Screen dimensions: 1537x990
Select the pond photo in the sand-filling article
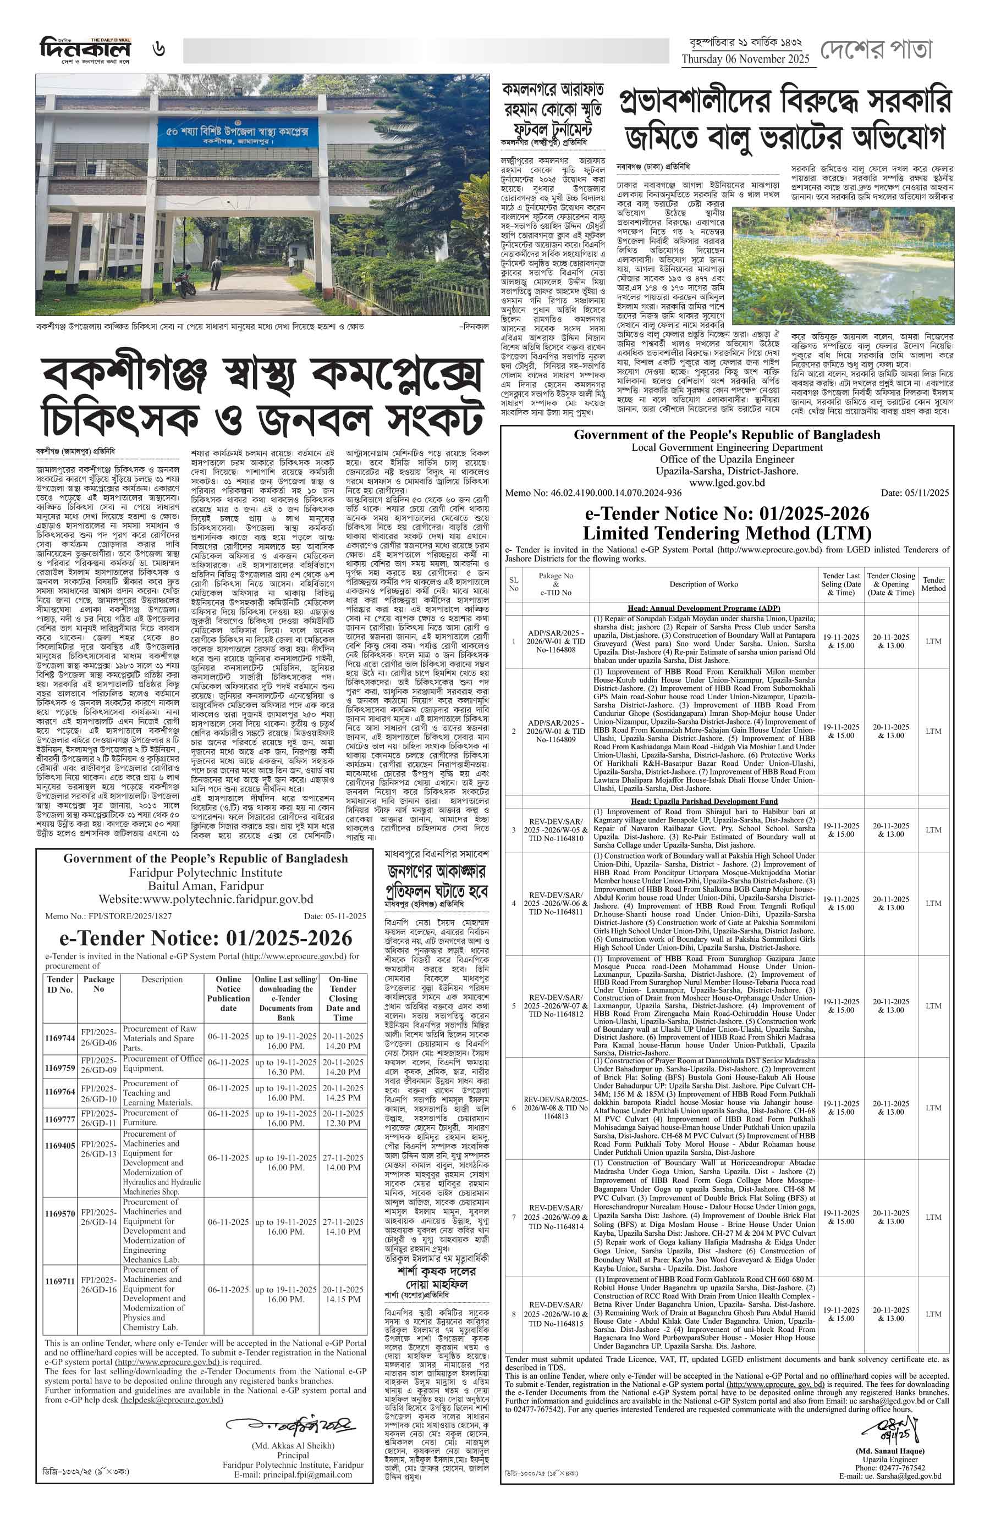pos(843,266)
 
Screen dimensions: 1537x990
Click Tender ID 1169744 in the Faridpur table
pos(60,1038)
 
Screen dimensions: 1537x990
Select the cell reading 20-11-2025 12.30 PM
pos(343,1118)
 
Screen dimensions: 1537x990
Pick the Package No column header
pos(98,984)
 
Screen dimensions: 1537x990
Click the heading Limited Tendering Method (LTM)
pos(727,533)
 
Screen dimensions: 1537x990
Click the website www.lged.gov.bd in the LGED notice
pos(727,483)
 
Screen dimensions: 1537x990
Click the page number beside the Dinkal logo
pos(158,49)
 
